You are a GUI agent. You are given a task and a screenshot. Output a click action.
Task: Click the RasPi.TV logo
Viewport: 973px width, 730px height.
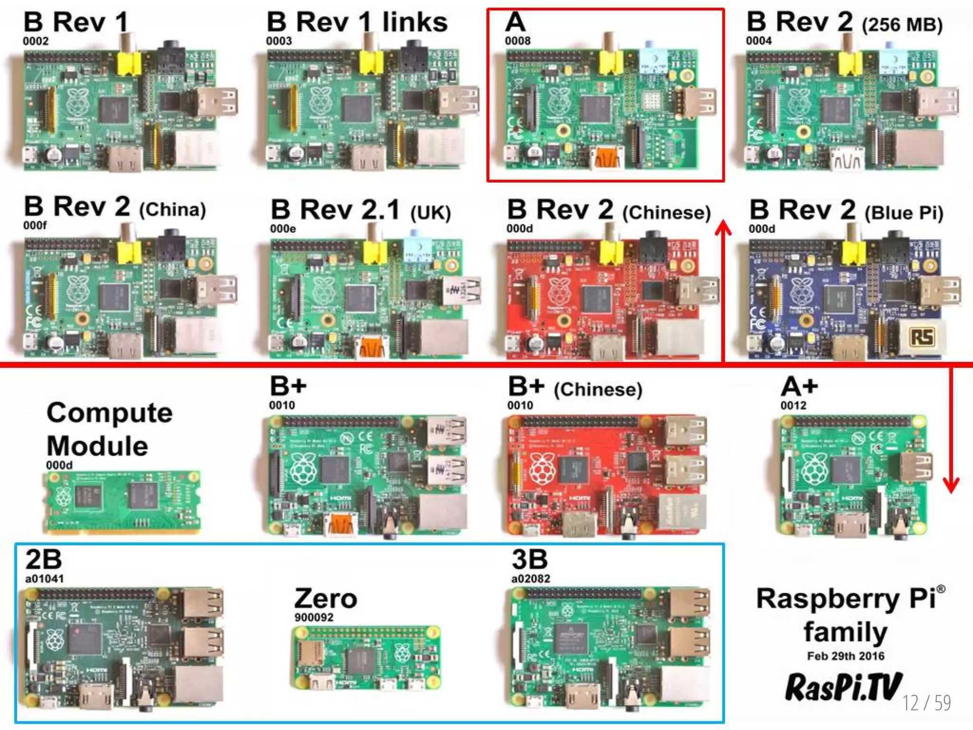tap(843, 687)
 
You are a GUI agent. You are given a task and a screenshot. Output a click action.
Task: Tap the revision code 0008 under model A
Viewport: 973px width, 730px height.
tap(517, 41)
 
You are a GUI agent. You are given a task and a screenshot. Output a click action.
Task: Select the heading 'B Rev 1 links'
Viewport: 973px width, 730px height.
tap(357, 22)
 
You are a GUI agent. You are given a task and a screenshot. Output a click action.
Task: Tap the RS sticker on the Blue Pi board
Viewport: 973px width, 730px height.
tap(922, 337)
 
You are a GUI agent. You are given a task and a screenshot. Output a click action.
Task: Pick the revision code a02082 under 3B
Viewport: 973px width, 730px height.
tap(531, 578)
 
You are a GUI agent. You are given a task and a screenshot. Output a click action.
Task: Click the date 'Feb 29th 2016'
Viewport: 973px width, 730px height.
tap(846, 656)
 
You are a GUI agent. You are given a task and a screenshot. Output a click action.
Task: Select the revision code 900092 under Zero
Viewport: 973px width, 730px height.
tap(314, 617)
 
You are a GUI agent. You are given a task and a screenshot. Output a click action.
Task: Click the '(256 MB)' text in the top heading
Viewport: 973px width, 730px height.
tap(902, 25)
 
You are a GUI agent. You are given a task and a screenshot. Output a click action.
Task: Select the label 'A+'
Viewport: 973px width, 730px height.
tap(799, 387)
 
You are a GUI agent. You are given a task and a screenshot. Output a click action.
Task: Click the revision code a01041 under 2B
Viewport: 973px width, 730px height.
tap(44, 578)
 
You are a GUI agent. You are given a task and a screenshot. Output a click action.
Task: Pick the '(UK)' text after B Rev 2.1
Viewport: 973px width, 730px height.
tap(430, 212)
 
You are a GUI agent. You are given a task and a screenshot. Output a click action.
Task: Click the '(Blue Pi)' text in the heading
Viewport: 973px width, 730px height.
tap(904, 212)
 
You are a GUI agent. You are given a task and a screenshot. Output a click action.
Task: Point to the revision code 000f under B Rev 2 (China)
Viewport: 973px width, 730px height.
tap(35, 225)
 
